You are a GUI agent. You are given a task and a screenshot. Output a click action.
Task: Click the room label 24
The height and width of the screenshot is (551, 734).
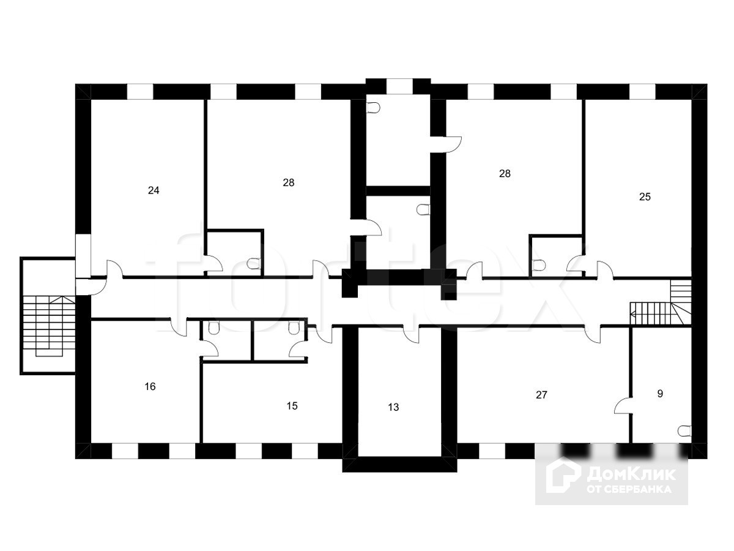click(154, 190)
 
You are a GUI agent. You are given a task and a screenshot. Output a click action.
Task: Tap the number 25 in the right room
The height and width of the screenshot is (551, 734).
click(645, 197)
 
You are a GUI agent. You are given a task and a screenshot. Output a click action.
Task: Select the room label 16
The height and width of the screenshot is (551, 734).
click(150, 386)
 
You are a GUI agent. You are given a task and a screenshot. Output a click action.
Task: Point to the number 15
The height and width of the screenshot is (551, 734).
click(292, 406)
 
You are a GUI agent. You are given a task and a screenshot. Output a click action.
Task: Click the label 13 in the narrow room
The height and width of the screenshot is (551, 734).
click(394, 407)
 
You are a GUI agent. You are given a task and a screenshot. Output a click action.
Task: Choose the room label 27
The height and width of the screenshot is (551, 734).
click(541, 395)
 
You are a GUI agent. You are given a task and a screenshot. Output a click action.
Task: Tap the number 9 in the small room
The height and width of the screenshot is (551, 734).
click(660, 394)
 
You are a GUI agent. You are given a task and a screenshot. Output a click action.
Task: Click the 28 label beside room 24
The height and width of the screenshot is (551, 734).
click(289, 182)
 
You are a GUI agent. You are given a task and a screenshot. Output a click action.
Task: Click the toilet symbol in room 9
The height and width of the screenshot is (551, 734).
click(684, 431)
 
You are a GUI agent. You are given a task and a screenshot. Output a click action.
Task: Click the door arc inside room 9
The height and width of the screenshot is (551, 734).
click(621, 407)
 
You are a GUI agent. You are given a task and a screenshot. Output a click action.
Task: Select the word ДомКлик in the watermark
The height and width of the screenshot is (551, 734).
click(631, 473)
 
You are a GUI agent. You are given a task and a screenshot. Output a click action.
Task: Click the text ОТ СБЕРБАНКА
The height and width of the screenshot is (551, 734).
click(629, 489)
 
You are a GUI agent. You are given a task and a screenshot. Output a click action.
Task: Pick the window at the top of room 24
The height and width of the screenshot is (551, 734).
click(139, 92)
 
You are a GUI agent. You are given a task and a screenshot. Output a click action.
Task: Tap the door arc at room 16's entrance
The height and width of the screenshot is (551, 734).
click(179, 328)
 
